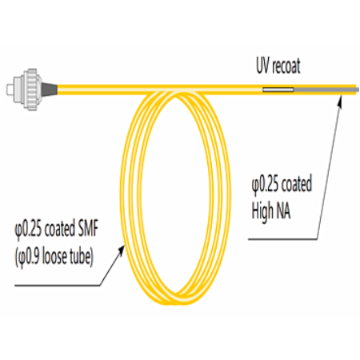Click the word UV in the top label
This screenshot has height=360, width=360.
click(262, 66)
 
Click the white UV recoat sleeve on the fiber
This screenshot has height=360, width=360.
click(278, 90)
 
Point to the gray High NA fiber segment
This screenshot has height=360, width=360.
click(326, 90)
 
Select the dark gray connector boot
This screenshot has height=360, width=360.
click(50, 89)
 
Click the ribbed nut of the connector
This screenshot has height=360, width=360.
click(31, 89)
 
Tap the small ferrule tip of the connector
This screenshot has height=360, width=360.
click(10, 90)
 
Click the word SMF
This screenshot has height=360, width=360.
click(88, 229)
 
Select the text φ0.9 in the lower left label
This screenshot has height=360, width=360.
click(28, 257)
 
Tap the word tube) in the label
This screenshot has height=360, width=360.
click(82, 257)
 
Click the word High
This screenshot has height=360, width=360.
click(262, 211)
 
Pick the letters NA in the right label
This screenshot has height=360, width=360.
click(283, 210)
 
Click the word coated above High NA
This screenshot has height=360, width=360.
click(297, 184)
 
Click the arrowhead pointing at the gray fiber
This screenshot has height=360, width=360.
click(339, 102)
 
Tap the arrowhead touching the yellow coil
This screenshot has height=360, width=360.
click(121, 251)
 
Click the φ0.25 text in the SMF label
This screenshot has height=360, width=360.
click(28, 230)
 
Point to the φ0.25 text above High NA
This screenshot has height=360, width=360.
click(265, 184)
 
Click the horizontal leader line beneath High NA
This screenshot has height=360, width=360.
click(282, 239)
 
